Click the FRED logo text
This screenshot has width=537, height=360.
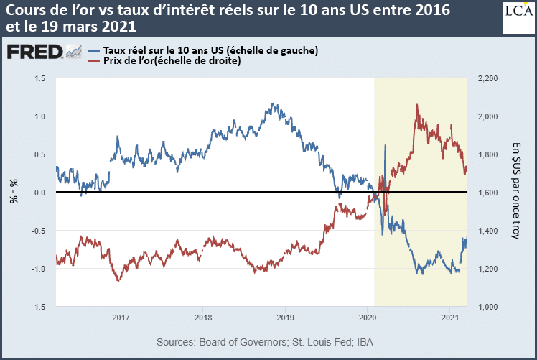click(x=34, y=52)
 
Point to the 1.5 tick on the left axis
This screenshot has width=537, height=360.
click(x=40, y=78)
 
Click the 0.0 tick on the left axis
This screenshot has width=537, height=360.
click(x=40, y=193)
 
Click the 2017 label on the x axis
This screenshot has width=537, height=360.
click(x=121, y=317)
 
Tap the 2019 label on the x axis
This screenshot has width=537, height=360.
click(x=285, y=317)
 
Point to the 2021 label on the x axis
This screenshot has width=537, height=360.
click(x=449, y=317)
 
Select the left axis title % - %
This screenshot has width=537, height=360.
click(x=14, y=193)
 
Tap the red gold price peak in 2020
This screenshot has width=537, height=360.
click(x=417, y=105)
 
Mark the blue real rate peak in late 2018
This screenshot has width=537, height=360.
click(x=274, y=103)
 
